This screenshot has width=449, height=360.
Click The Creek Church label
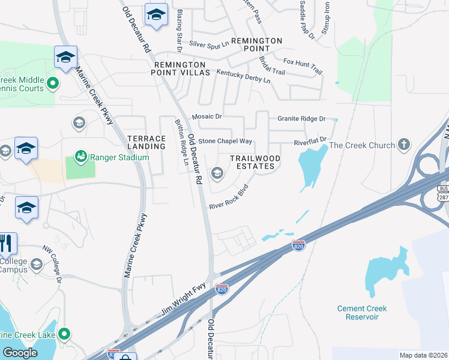click(362, 145)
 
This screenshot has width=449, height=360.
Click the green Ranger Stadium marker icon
click(80, 157)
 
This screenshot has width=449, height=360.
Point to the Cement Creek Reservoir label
click(361, 313)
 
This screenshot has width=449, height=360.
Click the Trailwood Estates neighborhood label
click(255, 162)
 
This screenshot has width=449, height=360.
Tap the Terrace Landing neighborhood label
click(146, 142)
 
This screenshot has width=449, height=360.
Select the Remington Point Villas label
click(182, 68)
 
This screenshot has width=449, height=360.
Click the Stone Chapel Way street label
click(225, 142)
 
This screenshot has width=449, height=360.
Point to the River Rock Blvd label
click(229, 198)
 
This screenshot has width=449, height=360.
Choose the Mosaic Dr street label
click(207, 116)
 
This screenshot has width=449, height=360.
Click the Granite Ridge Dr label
click(301, 119)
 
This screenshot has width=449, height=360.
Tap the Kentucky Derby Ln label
click(244, 77)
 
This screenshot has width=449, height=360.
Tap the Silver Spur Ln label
click(209, 44)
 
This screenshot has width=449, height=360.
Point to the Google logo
click(20, 353)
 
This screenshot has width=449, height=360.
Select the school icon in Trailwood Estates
click(217, 174)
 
